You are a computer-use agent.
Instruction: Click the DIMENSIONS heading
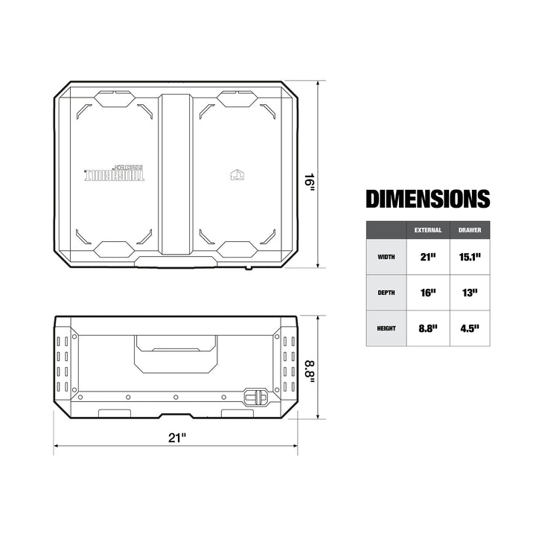point(427,199)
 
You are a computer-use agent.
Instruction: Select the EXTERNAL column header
point(428,230)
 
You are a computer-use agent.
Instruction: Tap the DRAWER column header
point(469,230)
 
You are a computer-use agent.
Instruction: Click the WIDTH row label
point(386,257)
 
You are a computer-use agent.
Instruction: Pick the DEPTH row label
point(386,293)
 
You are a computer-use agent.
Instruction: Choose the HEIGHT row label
point(386,328)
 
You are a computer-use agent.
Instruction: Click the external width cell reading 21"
point(428,257)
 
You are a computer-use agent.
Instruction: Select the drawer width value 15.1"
point(469,257)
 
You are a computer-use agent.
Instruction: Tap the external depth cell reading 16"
point(428,293)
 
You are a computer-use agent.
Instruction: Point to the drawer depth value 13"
point(469,293)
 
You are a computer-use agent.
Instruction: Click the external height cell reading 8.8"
point(428,328)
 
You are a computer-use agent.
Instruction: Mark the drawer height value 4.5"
point(469,328)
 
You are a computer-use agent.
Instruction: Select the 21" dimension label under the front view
point(176,438)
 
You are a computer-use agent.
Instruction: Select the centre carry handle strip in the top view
point(176,175)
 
